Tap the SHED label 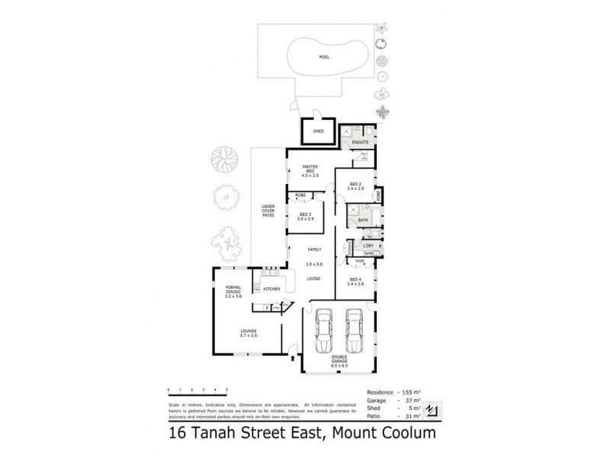pos(319,131)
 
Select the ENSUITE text pos(360,142)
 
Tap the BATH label pos(362,220)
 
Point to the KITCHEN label pos(271,289)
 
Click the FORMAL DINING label pos(233,291)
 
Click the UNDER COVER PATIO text pos(268,211)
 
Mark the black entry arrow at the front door pos(294,356)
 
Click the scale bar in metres pos(194,390)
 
